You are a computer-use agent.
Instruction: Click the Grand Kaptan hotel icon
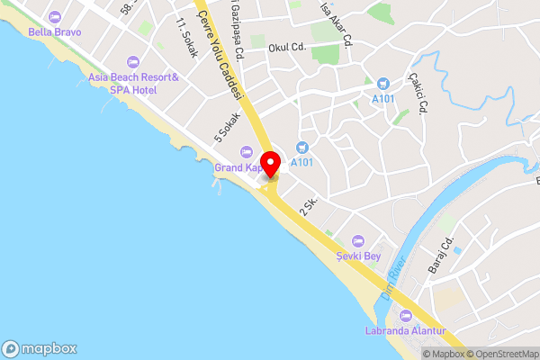(x=246, y=151)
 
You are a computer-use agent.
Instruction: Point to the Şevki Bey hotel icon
(x=358, y=240)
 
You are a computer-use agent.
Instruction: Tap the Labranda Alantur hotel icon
(x=405, y=316)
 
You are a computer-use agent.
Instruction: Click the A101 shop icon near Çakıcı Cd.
(x=382, y=84)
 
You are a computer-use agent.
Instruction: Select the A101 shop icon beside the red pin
(x=301, y=148)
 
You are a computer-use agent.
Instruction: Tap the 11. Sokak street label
(x=187, y=38)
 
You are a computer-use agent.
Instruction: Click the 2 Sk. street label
(x=310, y=206)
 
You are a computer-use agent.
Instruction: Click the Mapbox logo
(x=39, y=348)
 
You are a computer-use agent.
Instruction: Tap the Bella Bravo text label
(x=54, y=32)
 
